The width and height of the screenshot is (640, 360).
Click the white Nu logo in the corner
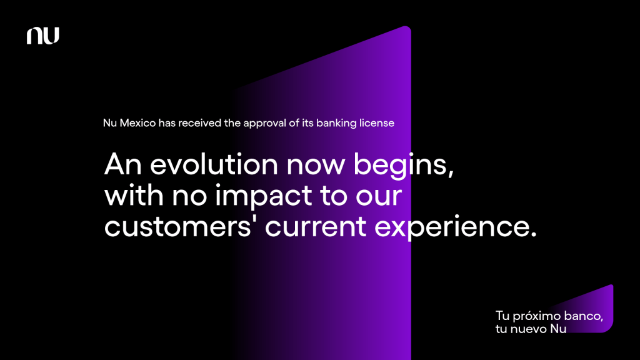coord(43,36)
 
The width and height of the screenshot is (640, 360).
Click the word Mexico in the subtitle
coord(137,123)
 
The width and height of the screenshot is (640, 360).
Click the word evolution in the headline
coord(214,164)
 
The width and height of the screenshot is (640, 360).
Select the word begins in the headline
coord(403,166)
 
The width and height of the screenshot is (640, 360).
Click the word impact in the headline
coord(264,197)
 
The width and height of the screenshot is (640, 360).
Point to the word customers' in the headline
coord(177,227)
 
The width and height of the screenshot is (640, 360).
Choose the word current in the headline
coord(316,227)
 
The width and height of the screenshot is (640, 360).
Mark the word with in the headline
coord(134,196)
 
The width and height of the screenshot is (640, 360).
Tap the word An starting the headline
coord(123,164)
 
